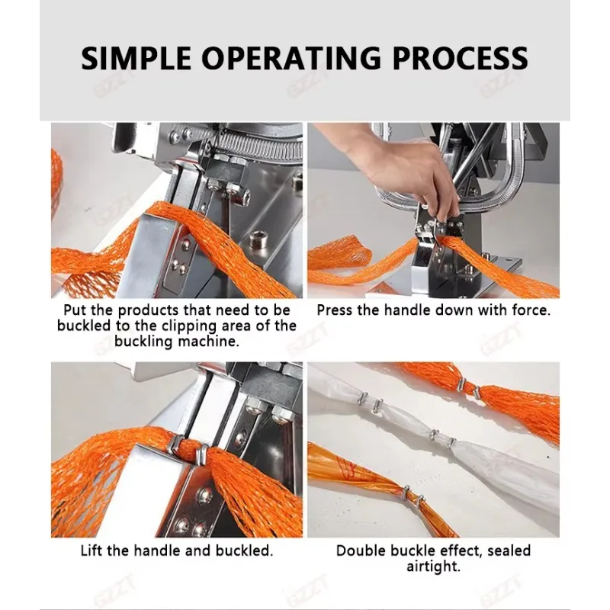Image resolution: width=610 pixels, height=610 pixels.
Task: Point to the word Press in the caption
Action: tap(335, 310)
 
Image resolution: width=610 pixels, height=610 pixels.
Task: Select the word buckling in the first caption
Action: tap(143, 342)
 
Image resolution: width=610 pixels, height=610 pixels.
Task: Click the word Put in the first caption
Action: tap(76, 311)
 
